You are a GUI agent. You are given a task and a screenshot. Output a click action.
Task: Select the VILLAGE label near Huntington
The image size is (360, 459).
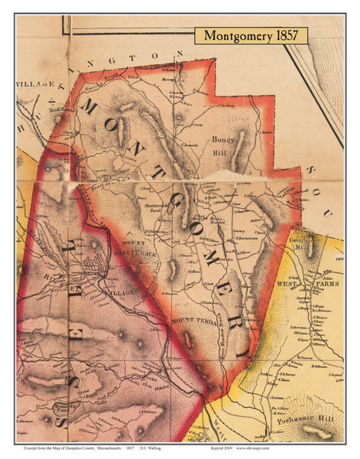tap(35, 82)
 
